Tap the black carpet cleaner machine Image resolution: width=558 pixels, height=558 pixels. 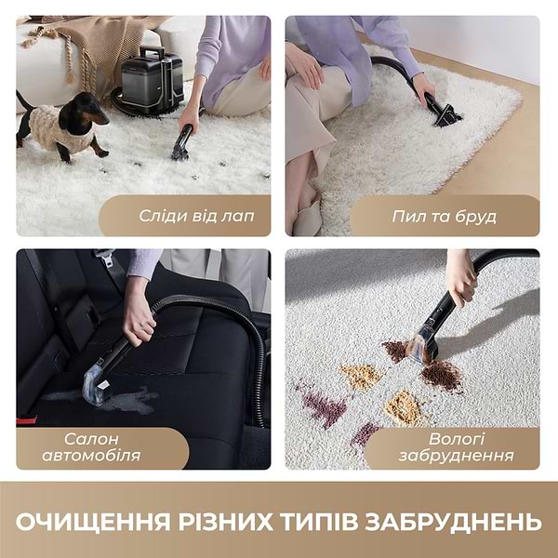(x=149, y=79)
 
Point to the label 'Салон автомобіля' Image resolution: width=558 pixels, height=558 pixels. (x=102, y=447)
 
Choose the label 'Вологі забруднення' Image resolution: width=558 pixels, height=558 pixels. (x=456, y=447)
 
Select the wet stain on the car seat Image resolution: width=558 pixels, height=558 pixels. (x=130, y=400)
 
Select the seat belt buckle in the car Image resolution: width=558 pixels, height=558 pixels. (x=104, y=257)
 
